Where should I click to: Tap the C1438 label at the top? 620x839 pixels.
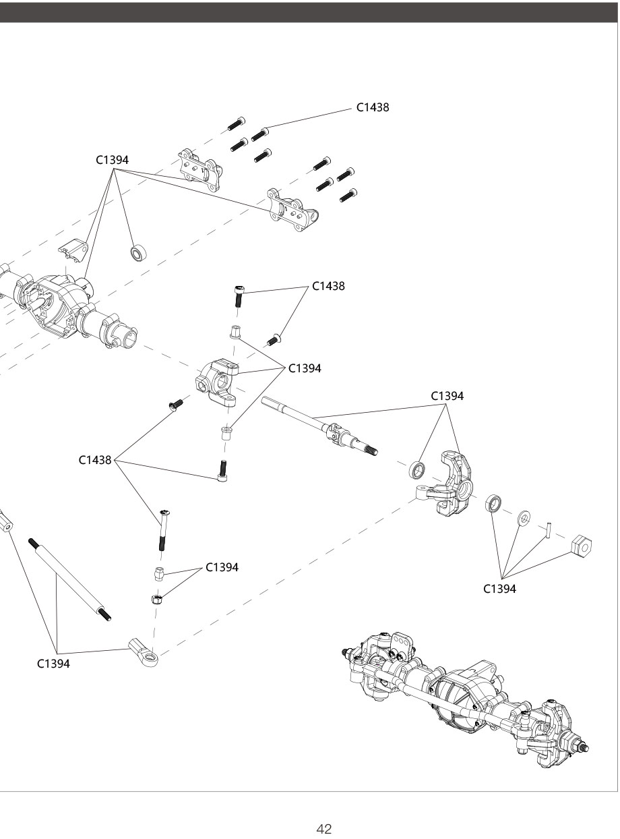pos(373,107)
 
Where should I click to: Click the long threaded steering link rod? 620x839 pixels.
pos(70,577)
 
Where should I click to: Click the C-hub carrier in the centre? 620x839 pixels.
pos(220,382)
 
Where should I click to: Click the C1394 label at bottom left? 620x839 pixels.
pos(53,664)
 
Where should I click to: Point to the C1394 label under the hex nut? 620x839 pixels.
pos(500,589)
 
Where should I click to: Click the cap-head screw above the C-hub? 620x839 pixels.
pos(239,295)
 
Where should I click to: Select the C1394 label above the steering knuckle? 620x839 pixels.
pos(447,396)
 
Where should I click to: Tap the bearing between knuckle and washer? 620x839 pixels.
pos(495,503)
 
